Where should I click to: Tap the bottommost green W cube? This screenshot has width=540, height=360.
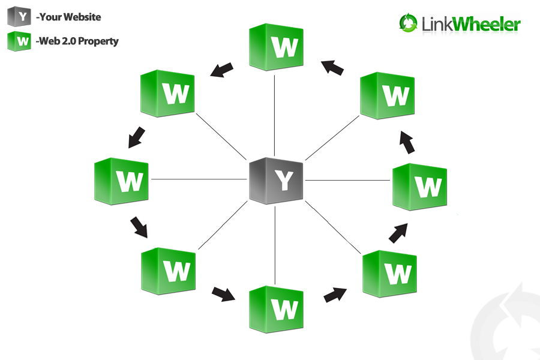[276, 309]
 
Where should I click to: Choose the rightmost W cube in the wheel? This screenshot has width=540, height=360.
[419, 186]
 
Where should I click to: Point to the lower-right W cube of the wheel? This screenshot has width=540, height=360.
[389, 273]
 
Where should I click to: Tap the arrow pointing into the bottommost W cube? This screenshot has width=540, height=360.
[223, 293]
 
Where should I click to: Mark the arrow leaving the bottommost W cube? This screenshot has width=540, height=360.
[334, 295]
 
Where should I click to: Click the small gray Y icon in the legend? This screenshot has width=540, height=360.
[19, 17]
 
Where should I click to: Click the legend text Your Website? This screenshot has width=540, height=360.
[69, 17]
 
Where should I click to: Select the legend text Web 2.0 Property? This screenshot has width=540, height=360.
[78, 41]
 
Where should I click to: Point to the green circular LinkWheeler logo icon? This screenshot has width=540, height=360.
[408, 23]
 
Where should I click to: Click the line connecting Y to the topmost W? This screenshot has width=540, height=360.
[274, 114]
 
